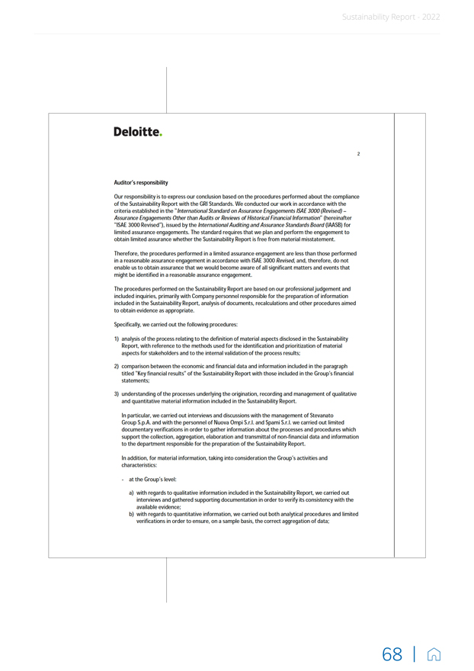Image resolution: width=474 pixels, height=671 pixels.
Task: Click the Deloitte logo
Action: tap(138, 132)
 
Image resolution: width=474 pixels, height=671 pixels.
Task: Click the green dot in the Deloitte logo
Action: tap(161, 136)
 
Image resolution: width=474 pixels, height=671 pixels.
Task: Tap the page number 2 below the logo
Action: tap(358, 154)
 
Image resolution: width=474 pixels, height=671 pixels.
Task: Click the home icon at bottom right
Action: tap(434, 654)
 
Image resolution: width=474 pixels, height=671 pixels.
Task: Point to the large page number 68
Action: tap(392, 654)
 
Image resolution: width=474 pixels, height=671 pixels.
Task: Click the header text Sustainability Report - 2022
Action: tap(391, 17)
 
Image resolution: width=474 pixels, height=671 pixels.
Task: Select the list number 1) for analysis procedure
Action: tap(117, 338)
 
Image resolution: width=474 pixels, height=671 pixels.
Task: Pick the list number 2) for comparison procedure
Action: tap(117, 367)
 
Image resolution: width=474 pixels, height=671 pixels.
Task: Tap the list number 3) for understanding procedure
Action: tap(117, 393)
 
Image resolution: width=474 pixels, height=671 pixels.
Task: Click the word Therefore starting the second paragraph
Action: tap(127, 253)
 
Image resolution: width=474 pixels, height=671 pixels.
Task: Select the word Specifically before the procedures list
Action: tap(129, 325)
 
